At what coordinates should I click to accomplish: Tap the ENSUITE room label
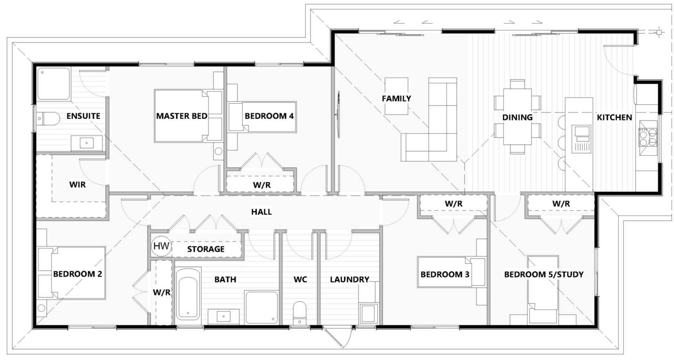pos(83,116)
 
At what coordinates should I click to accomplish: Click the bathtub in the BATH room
pos(188,294)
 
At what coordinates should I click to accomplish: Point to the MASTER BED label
pos(181,116)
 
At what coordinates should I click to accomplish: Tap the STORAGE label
pos(206,249)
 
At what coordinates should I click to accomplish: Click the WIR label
pos(77,184)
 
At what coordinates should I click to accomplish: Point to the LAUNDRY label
pos(349,280)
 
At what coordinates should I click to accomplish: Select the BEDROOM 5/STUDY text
pos(543,274)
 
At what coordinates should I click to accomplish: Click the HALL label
pos(261,212)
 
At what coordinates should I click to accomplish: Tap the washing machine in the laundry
pos(369,313)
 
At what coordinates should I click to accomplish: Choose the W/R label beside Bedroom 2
pos(161,293)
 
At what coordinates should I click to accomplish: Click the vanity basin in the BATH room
pos(224,316)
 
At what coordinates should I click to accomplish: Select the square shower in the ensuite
pos(54,84)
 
